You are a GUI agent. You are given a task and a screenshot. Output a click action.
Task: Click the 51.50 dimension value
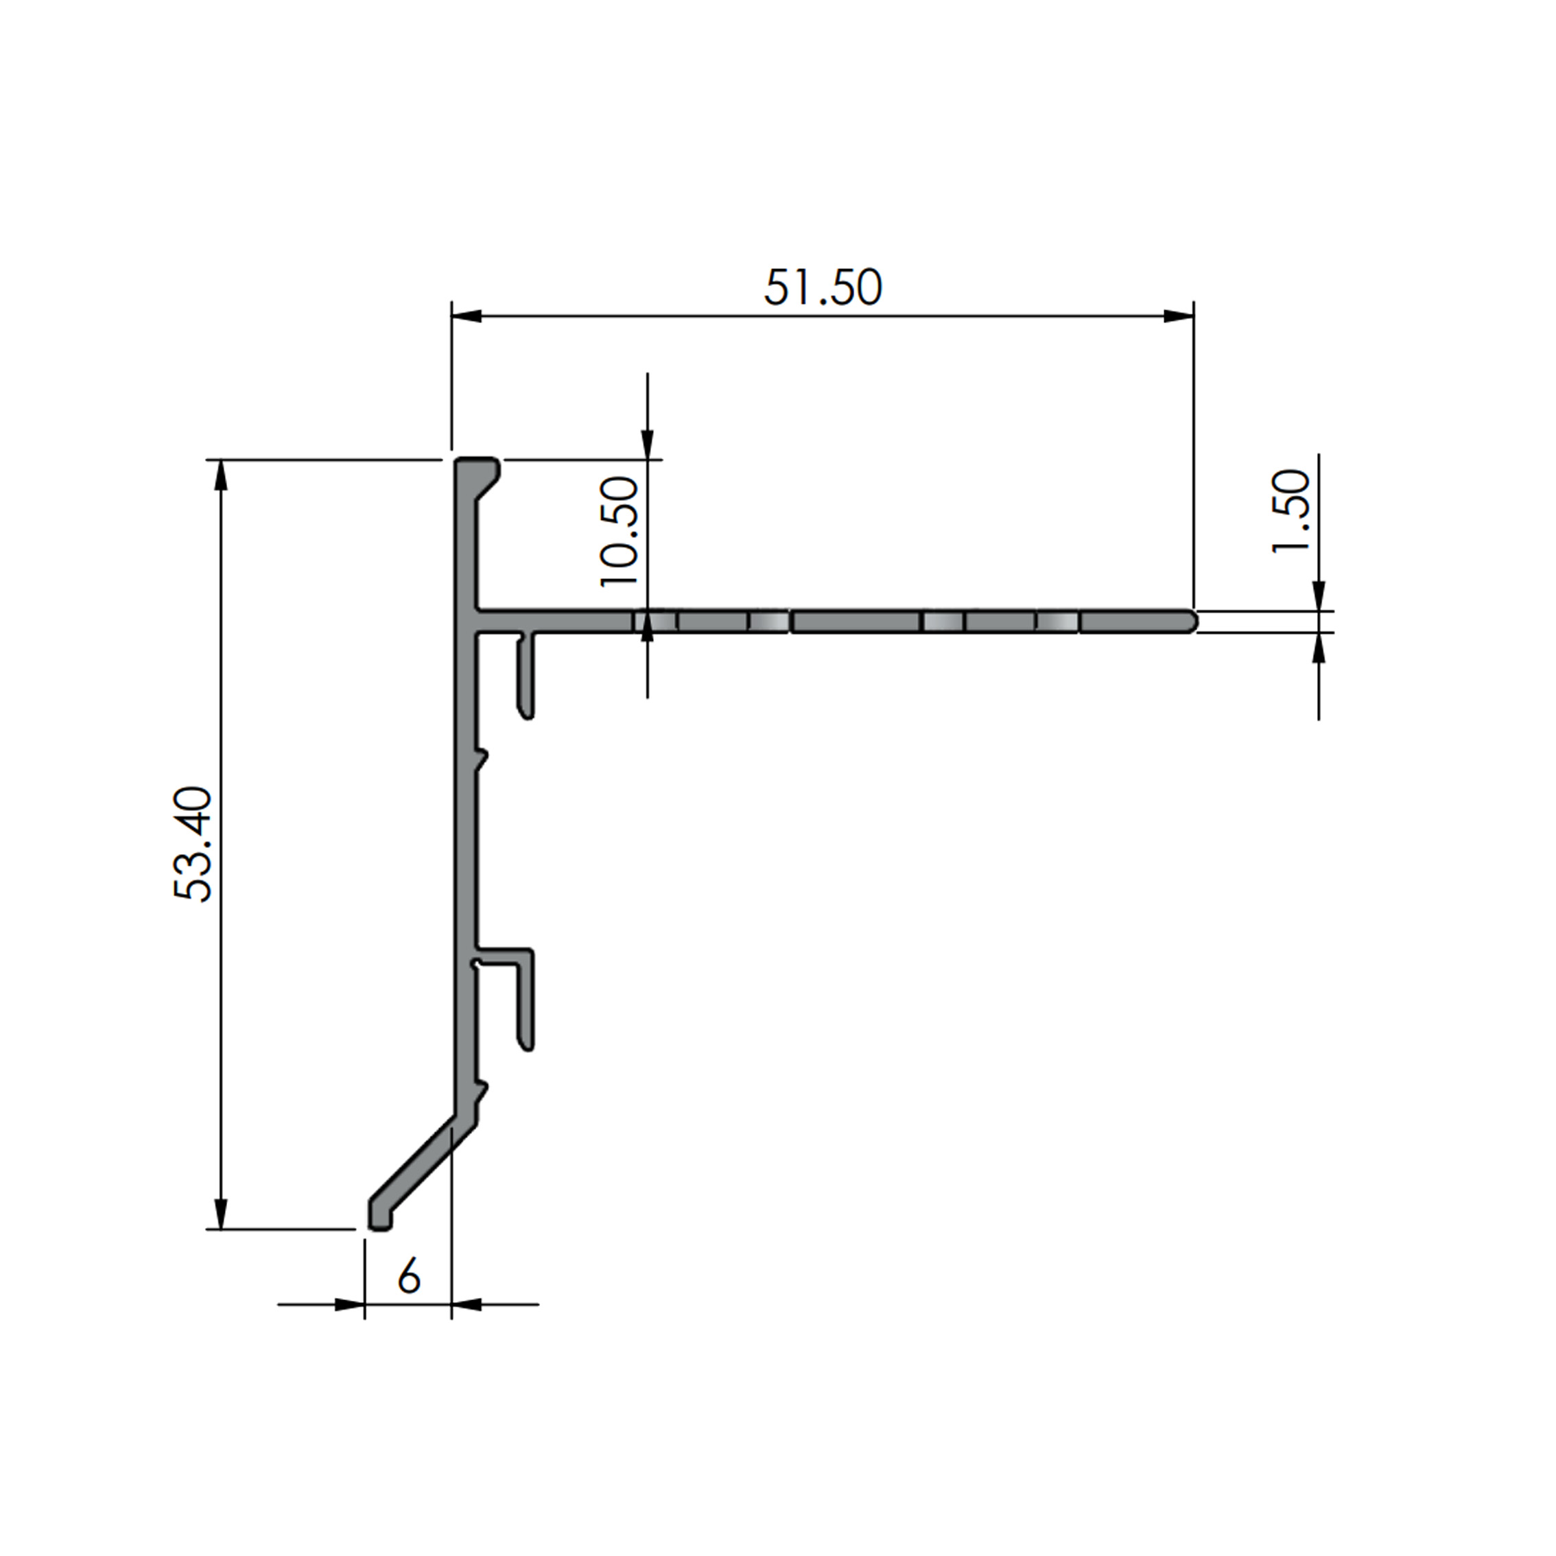[x=823, y=288]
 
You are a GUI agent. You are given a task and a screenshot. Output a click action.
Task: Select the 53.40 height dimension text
[x=193, y=843]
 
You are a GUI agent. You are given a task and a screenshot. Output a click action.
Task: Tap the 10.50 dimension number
[x=620, y=531]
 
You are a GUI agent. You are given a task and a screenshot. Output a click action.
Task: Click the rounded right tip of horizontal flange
[x=1192, y=622]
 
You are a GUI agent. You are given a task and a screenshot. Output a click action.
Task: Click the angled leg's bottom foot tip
[x=379, y=1223]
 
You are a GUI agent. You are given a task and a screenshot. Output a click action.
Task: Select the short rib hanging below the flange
[x=527, y=676]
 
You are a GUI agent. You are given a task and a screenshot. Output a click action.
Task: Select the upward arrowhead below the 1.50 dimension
[x=1319, y=648]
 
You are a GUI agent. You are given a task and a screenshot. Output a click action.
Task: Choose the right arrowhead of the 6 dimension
[x=467, y=1304]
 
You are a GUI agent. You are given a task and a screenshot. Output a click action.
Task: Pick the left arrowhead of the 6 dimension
[x=349, y=1304]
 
